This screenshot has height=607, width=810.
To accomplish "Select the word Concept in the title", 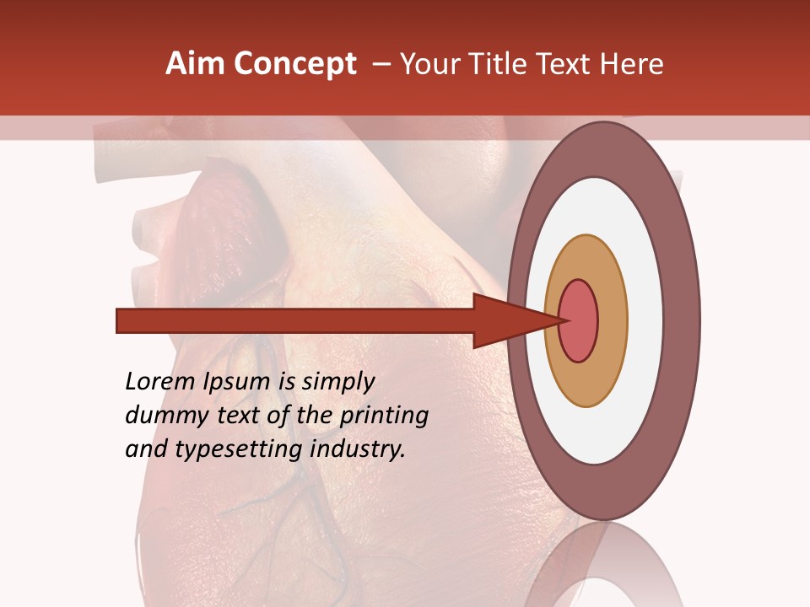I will pos(294,64).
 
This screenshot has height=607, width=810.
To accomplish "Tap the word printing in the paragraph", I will pos(384,416).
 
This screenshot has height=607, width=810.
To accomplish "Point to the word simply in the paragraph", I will pos(338,383).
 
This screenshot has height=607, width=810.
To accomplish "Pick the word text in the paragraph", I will pos(240,416).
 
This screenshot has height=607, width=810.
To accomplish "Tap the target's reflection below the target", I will pos(603,569).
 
